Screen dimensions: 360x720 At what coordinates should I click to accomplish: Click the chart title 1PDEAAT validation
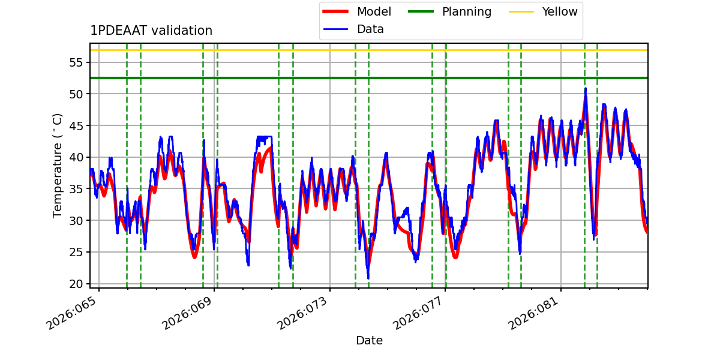(x=151, y=31)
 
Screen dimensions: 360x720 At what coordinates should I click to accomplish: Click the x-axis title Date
(x=369, y=341)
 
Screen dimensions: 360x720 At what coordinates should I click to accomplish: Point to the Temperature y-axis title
(x=58, y=165)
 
